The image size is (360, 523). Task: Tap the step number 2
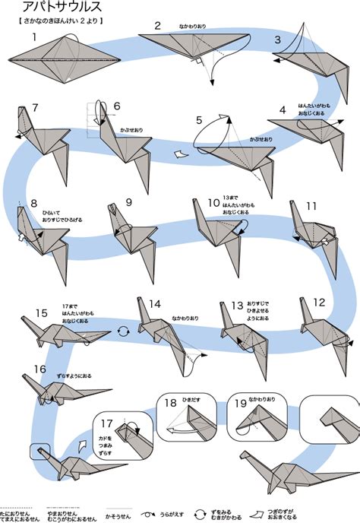click(x=158, y=25)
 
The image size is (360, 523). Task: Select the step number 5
click(x=199, y=120)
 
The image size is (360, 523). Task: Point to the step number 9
click(x=128, y=202)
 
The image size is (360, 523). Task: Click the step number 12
click(x=319, y=302)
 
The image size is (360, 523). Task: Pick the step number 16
click(x=40, y=369)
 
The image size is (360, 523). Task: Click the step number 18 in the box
click(x=170, y=404)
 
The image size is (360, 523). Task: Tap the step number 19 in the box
click(x=241, y=404)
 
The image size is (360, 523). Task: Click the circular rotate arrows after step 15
click(x=123, y=331)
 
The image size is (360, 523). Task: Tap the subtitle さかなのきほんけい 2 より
click(x=58, y=21)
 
